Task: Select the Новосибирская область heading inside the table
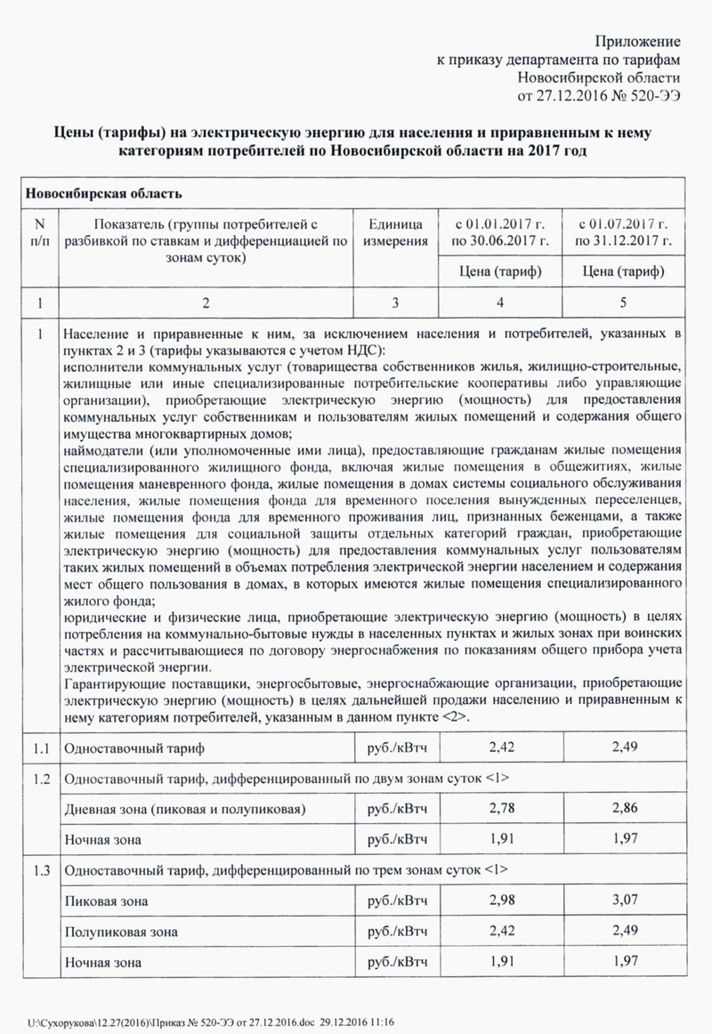click(104, 193)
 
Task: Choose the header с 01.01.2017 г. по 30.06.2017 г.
click(500, 232)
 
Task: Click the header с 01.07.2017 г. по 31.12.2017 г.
click(623, 232)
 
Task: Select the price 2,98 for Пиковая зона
click(503, 901)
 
